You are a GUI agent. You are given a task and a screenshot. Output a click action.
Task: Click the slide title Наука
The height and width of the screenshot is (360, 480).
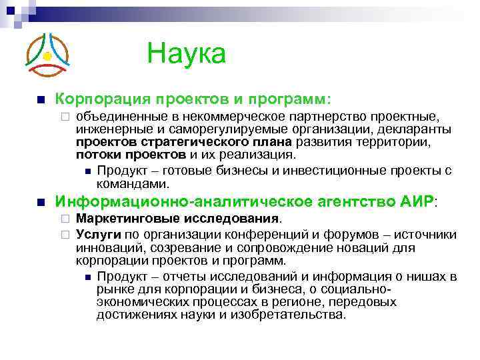point(186,53)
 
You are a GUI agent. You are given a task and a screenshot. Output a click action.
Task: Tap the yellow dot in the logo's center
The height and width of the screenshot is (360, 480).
point(47,57)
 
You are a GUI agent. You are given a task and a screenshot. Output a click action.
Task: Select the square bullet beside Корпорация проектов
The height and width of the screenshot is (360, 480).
point(41,100)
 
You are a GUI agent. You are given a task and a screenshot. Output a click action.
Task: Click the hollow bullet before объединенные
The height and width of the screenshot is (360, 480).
point(64,118)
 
